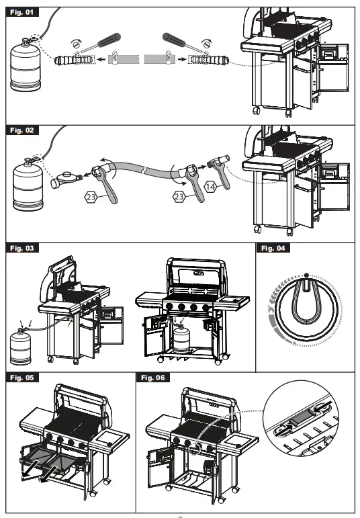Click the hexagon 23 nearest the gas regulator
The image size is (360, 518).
pos(92,198)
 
